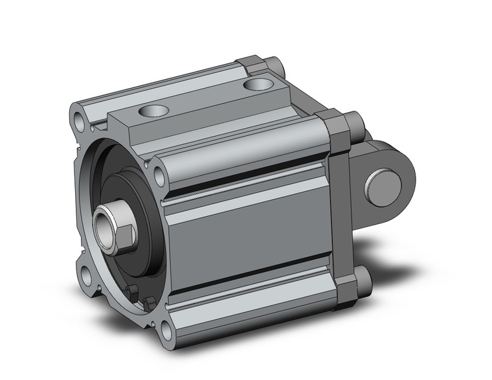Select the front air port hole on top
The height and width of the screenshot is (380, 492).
click(156, 110)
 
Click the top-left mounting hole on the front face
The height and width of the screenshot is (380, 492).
click(79, 120)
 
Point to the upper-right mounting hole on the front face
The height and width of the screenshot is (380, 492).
click(159, 173)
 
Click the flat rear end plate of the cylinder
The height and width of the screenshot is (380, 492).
click(339, 207)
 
